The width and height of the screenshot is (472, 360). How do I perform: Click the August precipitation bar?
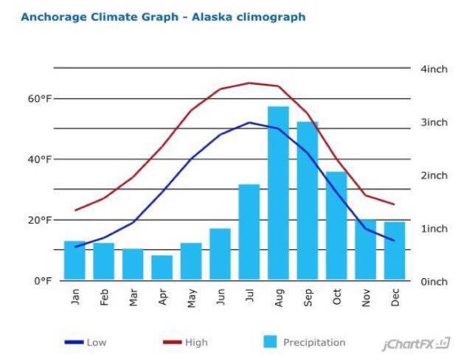coord(278,193)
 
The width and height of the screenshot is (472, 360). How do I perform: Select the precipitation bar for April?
coord(162,268)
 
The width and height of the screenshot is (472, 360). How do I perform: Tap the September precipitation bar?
coord(308,201)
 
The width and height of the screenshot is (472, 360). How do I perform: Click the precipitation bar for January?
coord(74,260)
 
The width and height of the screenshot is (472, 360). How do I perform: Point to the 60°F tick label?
coord(36,99)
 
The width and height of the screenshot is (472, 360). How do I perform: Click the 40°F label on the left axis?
coord(36,159)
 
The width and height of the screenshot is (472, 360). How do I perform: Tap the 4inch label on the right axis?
coord(434,69)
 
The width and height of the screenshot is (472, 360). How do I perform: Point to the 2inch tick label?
coord(434,176)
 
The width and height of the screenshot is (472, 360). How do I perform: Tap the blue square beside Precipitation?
coord(271,342)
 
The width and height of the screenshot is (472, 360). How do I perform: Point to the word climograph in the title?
coord(269,16)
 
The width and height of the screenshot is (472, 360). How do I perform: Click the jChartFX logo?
coord(417,344)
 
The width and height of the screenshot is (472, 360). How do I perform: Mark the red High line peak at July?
coord(250,83)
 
